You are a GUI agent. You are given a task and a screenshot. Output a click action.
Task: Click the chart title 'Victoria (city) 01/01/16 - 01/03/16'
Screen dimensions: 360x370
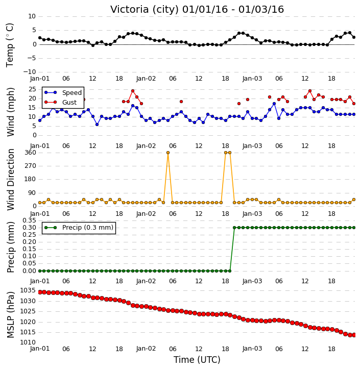[197, 10]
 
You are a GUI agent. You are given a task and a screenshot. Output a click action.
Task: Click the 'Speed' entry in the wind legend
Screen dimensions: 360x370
[72, 93]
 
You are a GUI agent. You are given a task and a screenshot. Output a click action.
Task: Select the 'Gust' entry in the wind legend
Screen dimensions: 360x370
[69, 102]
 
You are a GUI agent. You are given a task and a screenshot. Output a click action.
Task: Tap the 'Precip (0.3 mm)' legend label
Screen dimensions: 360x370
[88, 228]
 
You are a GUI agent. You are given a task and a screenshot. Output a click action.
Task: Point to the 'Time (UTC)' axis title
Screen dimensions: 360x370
[197, 360]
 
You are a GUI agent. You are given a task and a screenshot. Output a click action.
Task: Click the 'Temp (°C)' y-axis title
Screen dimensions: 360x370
[10, 45]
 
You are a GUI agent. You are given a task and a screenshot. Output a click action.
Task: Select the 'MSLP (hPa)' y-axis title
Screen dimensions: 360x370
[10, 315]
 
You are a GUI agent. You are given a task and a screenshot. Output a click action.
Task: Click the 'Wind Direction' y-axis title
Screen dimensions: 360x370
[10, 180]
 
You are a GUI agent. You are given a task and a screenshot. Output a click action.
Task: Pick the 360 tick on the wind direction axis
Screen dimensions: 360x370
[31, 153]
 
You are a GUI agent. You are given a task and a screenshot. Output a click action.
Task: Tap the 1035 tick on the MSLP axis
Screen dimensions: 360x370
[28, 290]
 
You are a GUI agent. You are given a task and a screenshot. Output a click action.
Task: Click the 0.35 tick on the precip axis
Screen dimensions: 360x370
[29, 220]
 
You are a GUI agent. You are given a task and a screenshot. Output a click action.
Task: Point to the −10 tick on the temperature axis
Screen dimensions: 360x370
[30, 72]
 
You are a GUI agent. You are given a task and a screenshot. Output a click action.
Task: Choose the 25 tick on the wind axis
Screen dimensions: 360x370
[32, 89]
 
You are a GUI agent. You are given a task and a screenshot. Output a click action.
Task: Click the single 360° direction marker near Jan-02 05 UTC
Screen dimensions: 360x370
[168, 153]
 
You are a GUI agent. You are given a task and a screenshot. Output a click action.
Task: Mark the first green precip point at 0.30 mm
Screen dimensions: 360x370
[234, 228]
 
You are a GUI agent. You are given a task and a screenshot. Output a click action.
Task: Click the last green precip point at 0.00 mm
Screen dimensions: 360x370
[230, 271]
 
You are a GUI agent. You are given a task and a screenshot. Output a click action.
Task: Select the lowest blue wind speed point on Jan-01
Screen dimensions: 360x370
[97, 125]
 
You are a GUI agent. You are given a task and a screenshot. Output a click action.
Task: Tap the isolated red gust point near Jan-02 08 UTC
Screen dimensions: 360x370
[181, 102]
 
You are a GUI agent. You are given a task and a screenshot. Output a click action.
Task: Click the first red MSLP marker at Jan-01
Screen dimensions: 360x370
[40, 292]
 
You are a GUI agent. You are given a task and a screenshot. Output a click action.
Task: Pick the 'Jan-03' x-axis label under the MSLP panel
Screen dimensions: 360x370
[252, 349]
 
